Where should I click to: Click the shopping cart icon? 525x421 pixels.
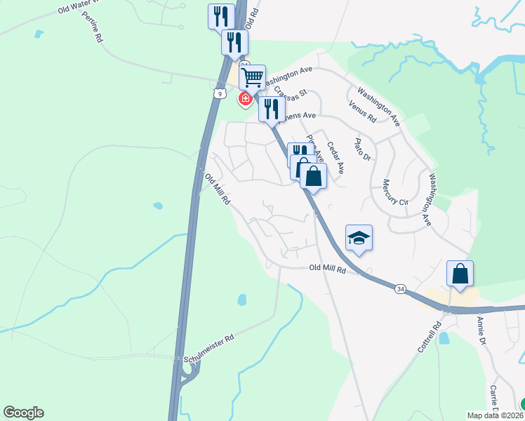point(252,76)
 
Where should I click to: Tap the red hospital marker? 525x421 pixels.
point(245,99)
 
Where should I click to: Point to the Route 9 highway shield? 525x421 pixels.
point(220,93)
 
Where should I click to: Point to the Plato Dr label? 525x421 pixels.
point(361,149)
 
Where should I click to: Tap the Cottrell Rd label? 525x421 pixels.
point(427,338)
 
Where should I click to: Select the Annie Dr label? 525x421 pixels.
point(482,331)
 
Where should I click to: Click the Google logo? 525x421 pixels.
point(23,413)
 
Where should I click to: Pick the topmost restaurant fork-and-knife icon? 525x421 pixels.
point(221,16)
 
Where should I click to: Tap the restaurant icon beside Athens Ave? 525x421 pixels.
point(270,109)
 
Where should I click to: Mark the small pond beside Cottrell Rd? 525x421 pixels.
point(443,338)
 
